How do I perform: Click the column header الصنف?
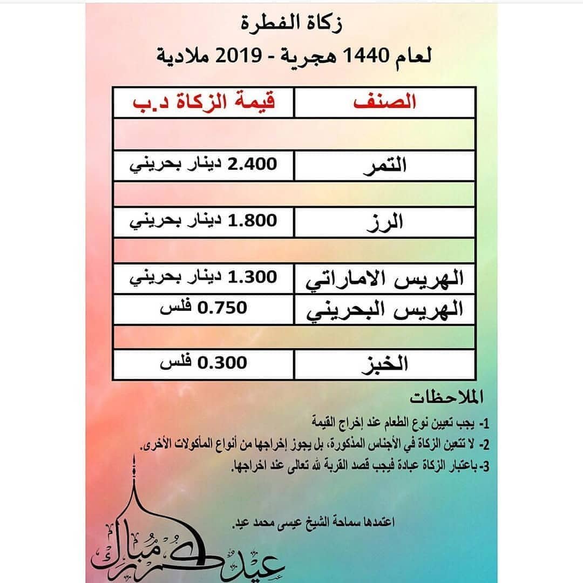click(384, 103)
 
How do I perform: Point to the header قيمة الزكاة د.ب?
click(204, 103)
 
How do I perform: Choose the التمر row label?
click(384, 166)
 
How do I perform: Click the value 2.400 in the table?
click(253, 164)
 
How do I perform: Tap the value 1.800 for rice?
click(253, 221)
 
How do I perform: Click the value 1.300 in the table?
click(253, 277)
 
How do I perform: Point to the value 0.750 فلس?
click(204, 308)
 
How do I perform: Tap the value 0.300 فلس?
click(204, 362)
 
